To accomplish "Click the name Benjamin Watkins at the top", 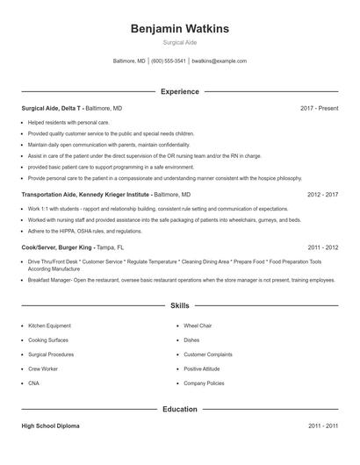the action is pyautogui.click(x=179, y=29).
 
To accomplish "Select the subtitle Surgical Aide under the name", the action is pyautogui.click(x=179, y=43).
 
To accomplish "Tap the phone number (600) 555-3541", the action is pyautogui.click(x=169, y=61).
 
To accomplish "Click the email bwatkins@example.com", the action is pyautogui.click(x=219, y=61).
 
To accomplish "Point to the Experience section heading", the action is pyautogui.click(x=179, y=91).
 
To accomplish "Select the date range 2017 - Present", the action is pyautogui.click(x=319, y=108).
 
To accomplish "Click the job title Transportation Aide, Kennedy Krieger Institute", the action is pyautogui.click(x=86, y=194).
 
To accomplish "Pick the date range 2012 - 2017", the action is pyautogui.click(x=322, y=194).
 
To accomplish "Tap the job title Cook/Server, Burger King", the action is pyautogui.click(x=58, y=248).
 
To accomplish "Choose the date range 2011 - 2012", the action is pyautogui.click(x=322, y=248).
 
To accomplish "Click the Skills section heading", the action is pyautogui.click(x=179, y=306).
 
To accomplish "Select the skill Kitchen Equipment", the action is pyautogui.click(x=48, y=325).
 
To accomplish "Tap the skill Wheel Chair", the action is pyautogui.click(x=198, y=325).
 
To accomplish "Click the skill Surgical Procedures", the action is pyautogui.click(x=51, y=354).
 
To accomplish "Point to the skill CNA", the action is pyautogui.click(x=34, y=383).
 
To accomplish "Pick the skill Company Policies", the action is pyautogui.click(x=204, y=383).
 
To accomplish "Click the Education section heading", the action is pyautogui.click(x=179, y=409).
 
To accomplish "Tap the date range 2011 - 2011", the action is pyautogui.click(x=322, y=426).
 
